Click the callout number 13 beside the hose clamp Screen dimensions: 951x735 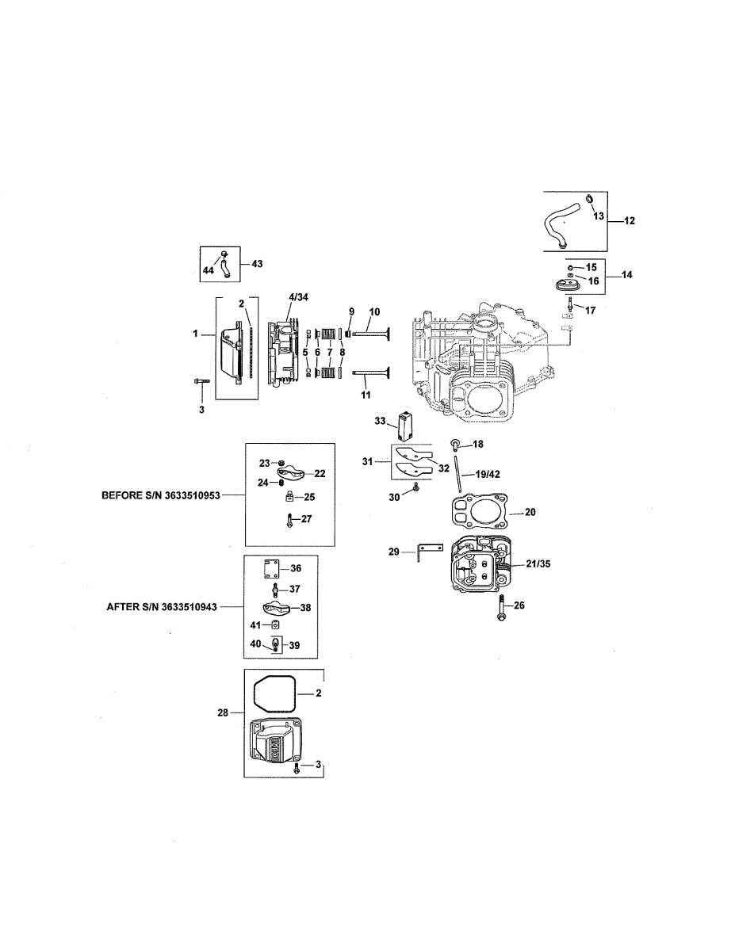(x=598, y=216)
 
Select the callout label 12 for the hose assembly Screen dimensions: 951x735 (x=630, y=221)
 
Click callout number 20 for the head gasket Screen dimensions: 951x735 (x=530, y=512)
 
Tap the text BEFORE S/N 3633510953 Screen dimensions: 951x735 (x=160, y=495)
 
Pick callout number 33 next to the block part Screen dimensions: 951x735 (x=380, y=420)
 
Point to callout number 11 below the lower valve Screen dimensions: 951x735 (x=366, y=393)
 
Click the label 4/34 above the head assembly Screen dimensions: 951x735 (x=299, y=297)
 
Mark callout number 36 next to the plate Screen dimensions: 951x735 (x=295, y=568)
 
